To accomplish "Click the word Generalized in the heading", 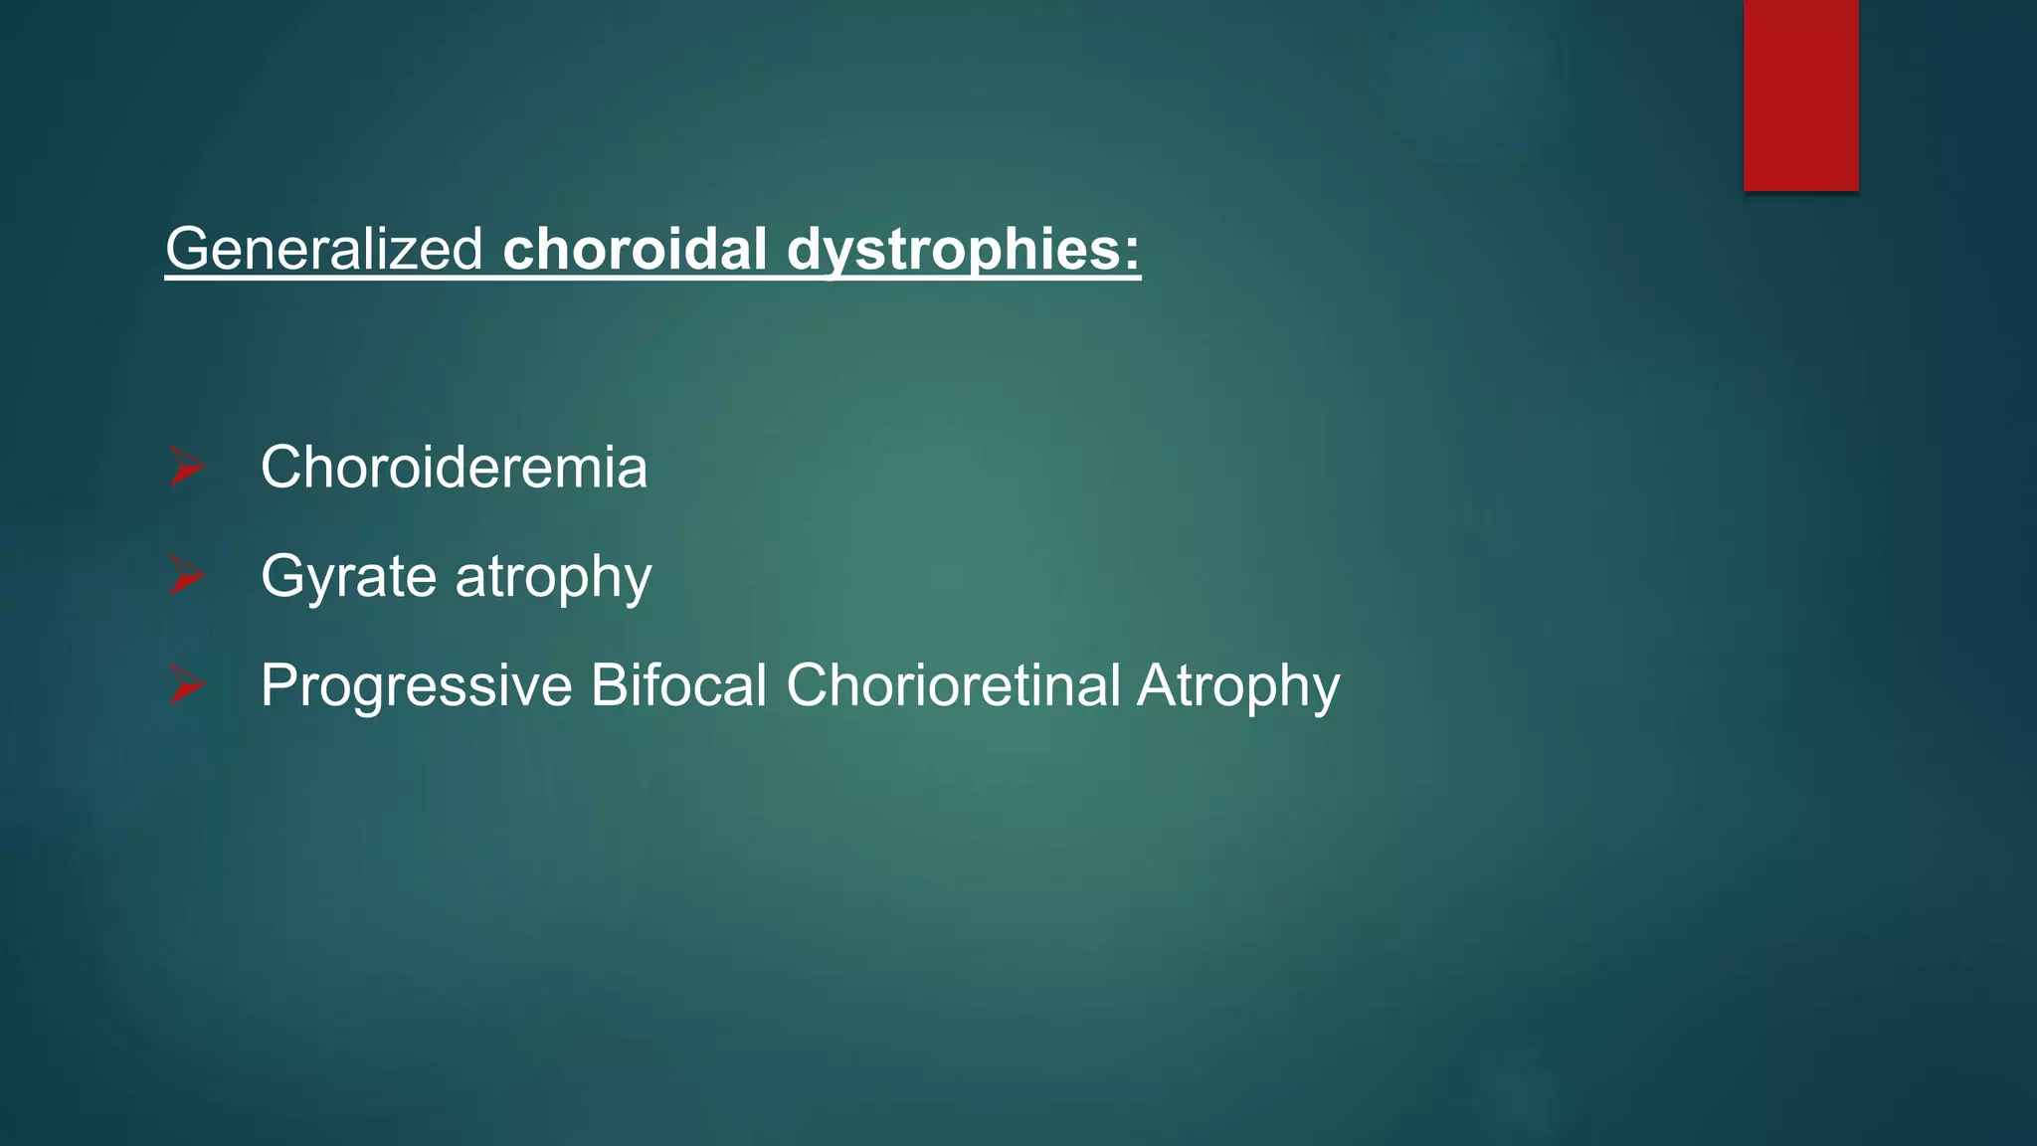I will (x=324, y=249).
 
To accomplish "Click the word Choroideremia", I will (x=454, y=467).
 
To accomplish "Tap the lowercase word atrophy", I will (x=553, y=577).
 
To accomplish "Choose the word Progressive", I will (x=416, y=685).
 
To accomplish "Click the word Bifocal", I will (x=678, y=685).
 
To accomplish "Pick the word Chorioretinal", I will (x=953, y=685).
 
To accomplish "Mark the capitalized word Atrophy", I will (x=1238, y=685).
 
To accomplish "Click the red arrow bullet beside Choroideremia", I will (x=186, y=467).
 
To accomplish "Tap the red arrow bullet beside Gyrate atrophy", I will (x=186, y=576).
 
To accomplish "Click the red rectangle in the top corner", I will (x=1800, y=95).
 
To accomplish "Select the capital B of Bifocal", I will (x=608, y=685).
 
